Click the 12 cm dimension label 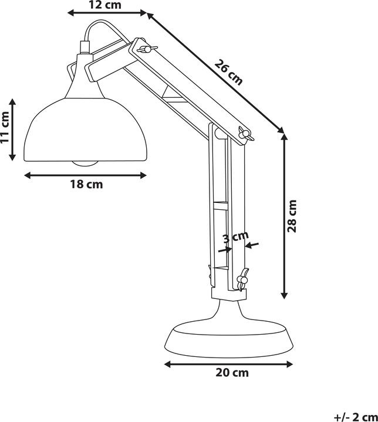point(105,5)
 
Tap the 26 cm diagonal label point(229,73)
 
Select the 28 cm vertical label point(292,216)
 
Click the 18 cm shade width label point(86,185)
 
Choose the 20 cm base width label point(232,373)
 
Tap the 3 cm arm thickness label point(235,237)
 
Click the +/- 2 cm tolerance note point(356,417)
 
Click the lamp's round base point(229,339)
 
